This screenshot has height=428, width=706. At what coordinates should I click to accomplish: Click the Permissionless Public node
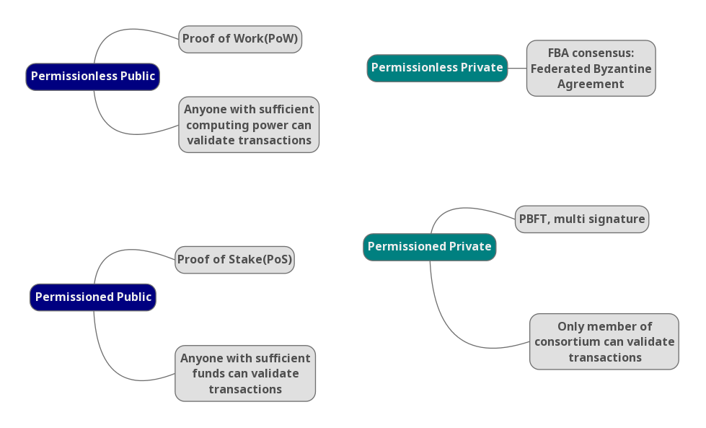[92, 77]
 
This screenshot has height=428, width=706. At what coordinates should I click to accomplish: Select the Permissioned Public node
[93, 297]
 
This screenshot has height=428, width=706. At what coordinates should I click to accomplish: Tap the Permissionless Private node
[437, 68]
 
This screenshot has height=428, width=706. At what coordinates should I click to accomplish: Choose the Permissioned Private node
[430, 247]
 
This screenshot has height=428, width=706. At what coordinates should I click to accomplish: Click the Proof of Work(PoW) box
[240, 39]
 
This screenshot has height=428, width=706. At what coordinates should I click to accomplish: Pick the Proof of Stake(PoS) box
[234, 260]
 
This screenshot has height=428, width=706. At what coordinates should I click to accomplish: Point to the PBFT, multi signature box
[582, 219]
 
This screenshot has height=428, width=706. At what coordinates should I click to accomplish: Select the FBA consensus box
[591, 69]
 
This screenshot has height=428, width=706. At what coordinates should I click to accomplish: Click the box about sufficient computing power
[249, 125]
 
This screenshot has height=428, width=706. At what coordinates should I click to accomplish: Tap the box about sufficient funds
[245, 373]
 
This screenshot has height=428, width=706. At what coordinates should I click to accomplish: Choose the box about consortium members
[604, 341]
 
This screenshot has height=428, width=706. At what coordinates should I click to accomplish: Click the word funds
[208, 374]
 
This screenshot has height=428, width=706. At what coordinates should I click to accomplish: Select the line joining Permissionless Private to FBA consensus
[517, 68]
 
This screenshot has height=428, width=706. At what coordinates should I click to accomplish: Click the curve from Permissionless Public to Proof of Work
[123, 31]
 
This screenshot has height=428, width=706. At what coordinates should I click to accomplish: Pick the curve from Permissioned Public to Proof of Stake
[119, 253]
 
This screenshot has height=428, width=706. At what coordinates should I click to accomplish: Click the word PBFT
[533, 219]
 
